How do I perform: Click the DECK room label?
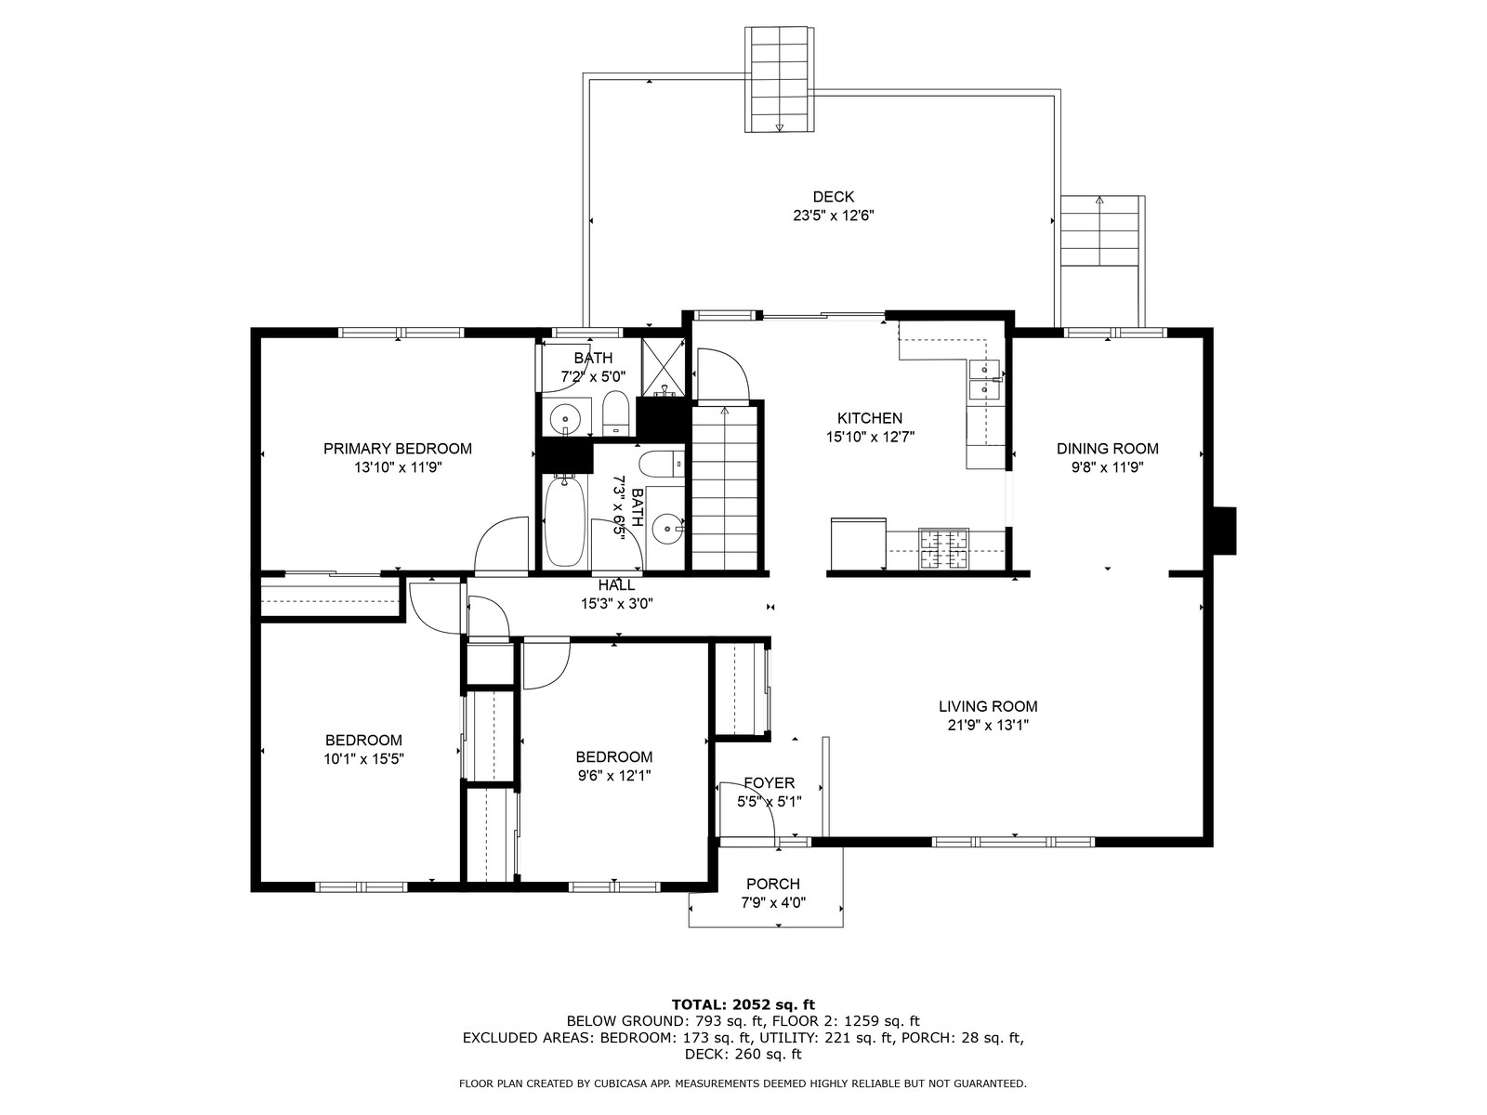click(x=834, y=197)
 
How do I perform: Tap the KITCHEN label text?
click(x=870, y=418)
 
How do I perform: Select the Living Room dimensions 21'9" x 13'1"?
click(x=989, y=725)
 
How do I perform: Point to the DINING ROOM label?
click(x=1108, y=448)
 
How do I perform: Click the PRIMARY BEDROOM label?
click(x=398, y=448)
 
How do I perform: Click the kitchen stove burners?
click(x=943, y=548)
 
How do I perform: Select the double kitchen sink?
click(x=985, y=380)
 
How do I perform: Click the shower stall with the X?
click(x=664, y=367)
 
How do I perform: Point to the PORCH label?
click(x=773, y=884)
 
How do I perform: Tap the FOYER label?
click(x=769, y=783)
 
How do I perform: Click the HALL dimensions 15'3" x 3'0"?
click(x=617, y=603)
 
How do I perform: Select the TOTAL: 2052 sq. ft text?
click(x=743, y=1004)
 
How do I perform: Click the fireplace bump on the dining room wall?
click(x=1224, y=531)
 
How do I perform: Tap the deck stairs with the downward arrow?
click(x=779, y=80)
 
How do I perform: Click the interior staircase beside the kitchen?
click(x=724, y=488)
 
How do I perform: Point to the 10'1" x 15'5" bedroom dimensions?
click(x=363, y=759)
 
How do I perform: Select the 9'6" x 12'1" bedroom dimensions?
click(x=614, y=776)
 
